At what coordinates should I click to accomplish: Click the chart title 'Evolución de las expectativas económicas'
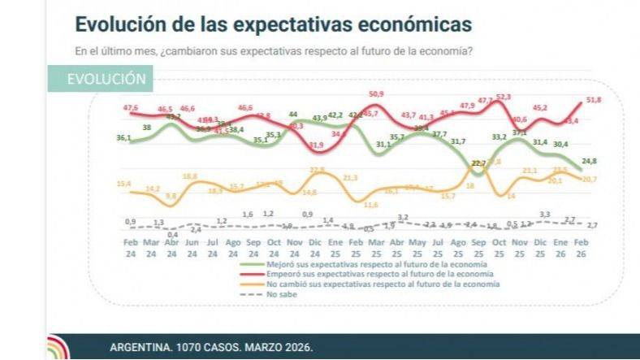click(273, 22)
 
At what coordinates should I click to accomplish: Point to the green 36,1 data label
click(124, 138)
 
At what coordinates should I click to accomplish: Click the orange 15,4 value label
click(125, 184)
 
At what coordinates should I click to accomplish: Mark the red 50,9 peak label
click(375, 94)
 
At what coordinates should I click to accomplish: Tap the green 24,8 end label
click(590, 160)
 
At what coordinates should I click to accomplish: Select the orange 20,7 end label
click(590, 179)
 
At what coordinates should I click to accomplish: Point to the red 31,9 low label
click(317, 145)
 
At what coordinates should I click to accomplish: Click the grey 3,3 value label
click(544, 214)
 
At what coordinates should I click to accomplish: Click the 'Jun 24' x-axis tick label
click(191, 248)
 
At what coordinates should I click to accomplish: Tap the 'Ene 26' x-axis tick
click(560, 248)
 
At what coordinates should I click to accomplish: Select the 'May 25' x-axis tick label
click(418, 248)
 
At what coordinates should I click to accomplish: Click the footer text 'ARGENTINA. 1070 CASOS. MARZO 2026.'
click(210, 348)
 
